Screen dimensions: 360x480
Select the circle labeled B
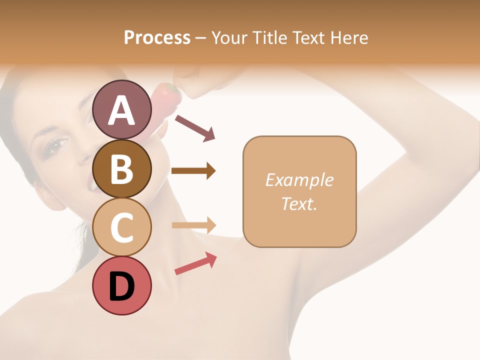pos(122,168)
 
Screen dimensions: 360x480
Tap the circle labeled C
pos(122,227)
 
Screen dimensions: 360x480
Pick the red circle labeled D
pos(122,285)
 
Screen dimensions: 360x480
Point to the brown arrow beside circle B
pos(193,171)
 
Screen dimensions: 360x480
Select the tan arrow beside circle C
pos(193,225)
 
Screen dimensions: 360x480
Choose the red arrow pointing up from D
pos(195,263)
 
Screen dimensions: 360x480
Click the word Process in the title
pos(157,37)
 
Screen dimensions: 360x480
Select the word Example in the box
pos(299,180)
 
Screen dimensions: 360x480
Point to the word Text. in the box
pos(299,203)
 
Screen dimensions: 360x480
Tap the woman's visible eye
pos(56,145)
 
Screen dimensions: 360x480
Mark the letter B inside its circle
pos(122,168)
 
